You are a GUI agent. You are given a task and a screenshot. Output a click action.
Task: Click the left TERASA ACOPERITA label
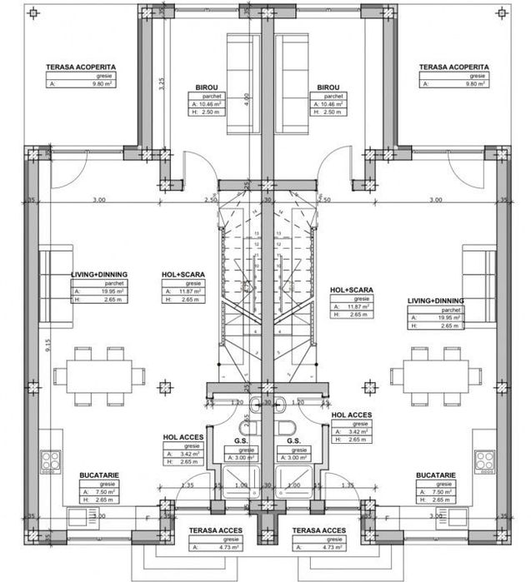82,67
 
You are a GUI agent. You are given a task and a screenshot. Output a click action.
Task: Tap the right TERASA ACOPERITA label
453,67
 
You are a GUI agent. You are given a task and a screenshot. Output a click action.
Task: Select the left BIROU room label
207,87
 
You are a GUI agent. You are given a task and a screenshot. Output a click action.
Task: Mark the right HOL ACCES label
351,415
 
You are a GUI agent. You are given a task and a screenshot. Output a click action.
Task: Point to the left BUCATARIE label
97,475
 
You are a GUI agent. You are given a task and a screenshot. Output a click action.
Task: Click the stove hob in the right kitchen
484,461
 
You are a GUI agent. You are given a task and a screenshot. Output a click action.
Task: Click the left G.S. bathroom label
241,440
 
